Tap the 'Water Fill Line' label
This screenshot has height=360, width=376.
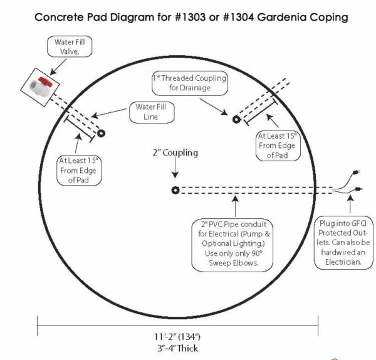pyautogui.click(x=150, y=112)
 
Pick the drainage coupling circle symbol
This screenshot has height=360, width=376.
pyautogui.click(x=236, y=119)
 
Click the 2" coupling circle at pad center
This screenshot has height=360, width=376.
pyautogui.click(x=175, y=191)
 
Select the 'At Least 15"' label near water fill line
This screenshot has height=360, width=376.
pyautogui.click(x=80, y=170)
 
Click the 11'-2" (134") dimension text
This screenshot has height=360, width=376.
pyautogui.click(x=178, y=335)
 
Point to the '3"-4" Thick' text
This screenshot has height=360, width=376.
pyautogui.click(x=178, y=347)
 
